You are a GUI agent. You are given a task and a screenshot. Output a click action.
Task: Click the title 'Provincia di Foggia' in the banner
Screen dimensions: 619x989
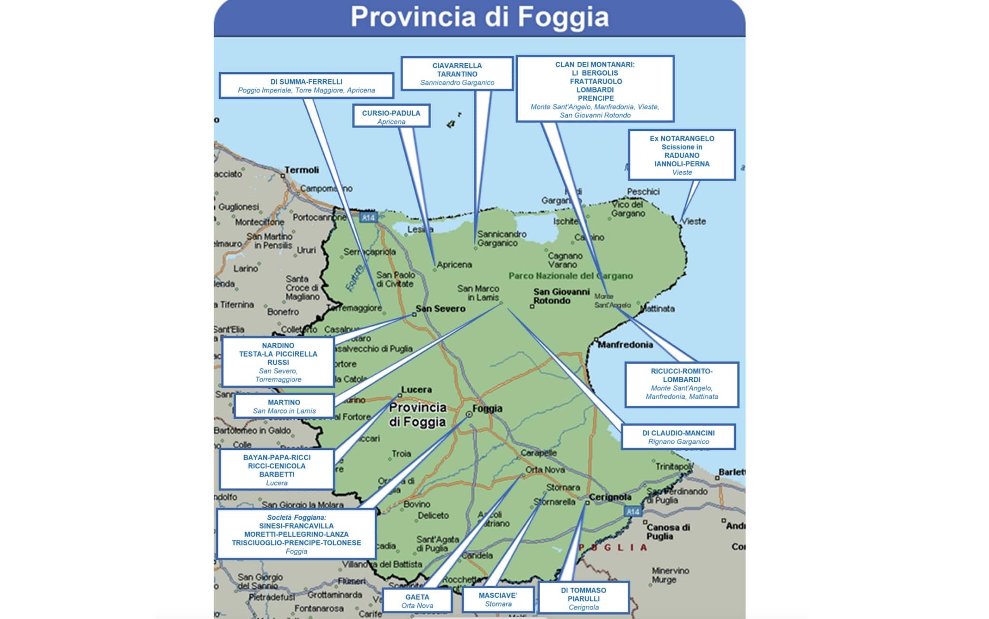point(479,17)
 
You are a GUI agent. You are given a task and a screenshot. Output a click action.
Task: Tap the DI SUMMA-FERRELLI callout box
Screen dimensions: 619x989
point(306,86)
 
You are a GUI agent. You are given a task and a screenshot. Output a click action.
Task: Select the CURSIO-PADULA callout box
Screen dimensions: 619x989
point(391,116)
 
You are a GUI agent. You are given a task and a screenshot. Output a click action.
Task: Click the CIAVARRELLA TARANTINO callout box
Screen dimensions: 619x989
point(457,74)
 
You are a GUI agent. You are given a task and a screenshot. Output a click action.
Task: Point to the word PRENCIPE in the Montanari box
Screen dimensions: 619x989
point(596,98)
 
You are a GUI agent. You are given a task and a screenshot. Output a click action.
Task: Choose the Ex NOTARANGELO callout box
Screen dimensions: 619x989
point(681,155)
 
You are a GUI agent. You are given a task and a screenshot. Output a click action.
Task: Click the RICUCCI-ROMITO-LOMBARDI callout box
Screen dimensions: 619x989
point(681,384)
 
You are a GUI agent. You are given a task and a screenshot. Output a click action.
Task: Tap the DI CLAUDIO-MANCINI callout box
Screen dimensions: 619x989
point(678,437)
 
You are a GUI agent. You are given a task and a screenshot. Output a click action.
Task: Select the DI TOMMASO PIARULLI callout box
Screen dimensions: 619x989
point(583,598)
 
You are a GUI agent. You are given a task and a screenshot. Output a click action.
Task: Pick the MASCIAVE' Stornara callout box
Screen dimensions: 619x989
point(498,599)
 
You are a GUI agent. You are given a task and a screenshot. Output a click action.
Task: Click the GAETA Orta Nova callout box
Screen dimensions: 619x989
point(417,601)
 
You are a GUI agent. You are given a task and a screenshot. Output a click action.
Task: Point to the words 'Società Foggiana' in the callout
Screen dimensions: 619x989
point(296,518)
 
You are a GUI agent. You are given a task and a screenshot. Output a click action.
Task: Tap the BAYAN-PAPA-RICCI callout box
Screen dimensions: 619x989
point(277,470)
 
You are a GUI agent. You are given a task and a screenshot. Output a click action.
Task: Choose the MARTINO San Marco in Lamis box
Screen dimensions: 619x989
point(284,406)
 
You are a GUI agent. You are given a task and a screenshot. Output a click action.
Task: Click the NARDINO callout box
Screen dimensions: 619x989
point(278,362)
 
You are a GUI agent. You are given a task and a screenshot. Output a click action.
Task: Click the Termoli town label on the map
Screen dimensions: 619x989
point(302,170)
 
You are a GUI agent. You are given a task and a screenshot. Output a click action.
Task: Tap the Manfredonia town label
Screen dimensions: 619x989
point(625,345)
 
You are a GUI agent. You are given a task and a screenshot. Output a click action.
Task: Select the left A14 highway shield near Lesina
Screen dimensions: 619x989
point(368,218)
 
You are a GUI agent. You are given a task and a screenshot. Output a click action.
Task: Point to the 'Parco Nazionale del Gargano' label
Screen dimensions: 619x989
point(571,276)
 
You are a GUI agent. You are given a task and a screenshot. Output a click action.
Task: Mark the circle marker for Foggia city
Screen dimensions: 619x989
point(469,415)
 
